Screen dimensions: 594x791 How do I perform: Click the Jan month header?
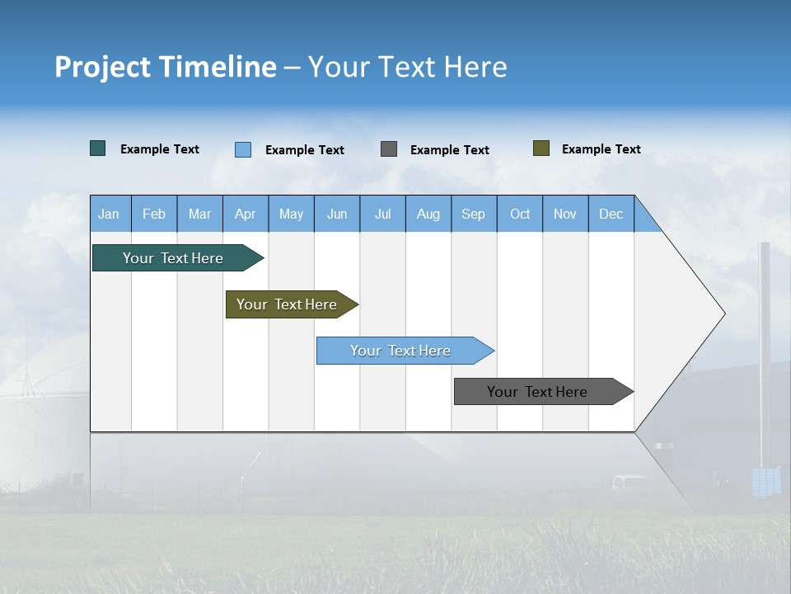click(110, 214)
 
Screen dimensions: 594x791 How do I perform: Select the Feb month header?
click(154, 214)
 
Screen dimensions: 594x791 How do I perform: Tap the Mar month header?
click(199, 214)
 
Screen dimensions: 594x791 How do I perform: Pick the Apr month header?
click(246, 214)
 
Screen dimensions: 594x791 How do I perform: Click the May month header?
click(291, 214)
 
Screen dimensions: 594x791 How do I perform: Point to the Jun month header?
click(337, 214)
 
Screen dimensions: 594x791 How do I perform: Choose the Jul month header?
click(382, 214)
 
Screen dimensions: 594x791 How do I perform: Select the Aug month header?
click(428, 214)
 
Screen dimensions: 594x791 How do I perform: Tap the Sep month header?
click(474, 214)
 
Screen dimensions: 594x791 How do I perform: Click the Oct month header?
click(520, 214)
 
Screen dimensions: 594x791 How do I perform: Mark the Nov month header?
click(565, 214)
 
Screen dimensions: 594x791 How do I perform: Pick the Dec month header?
click(611, 214)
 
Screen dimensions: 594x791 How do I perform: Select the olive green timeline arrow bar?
click(289, 304)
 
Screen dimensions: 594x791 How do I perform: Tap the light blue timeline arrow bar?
click(402, 351)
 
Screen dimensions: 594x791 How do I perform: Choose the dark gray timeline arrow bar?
click(541, 392)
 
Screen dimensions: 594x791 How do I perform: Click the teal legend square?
click(98, 148)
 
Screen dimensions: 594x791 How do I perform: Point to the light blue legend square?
click(243, 149)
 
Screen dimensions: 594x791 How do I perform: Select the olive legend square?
click(541, 148)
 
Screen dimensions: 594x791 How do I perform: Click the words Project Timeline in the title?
click(166, 67)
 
